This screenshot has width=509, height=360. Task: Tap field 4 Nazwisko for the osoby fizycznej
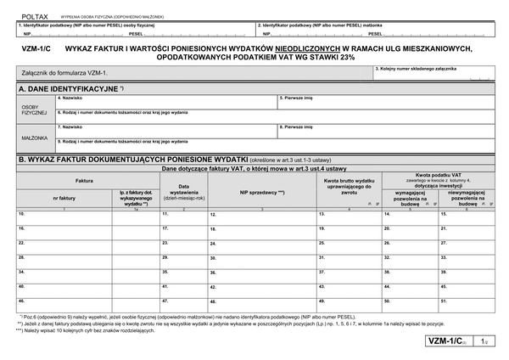(x=166, y=102)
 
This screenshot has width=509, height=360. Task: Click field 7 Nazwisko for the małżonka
(x=166, y=131)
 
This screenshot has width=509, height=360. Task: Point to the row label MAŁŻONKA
(x=34, y=136)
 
